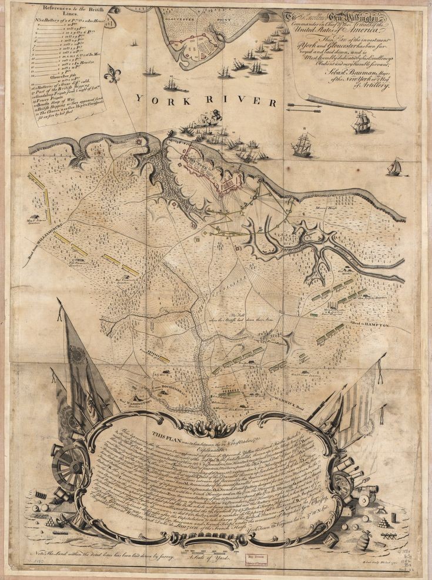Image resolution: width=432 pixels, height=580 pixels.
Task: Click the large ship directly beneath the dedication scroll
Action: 362,122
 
